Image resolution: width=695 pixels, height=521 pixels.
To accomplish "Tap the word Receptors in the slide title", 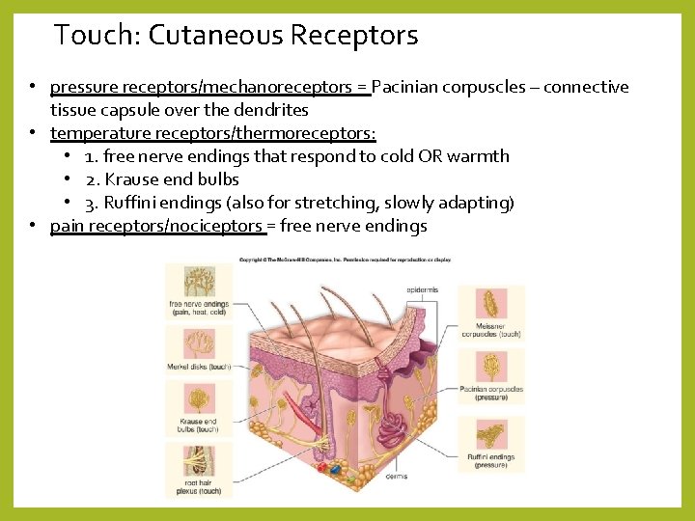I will pyautogui.click(x=353, y=36).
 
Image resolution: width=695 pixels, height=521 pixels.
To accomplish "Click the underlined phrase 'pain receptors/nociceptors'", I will pyautogui.click(x=155, y=226).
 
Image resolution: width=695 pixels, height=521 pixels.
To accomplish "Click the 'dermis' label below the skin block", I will pyautogui.click(x=396, y=475).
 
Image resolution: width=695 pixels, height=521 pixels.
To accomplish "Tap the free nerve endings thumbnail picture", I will pyautogui.click(x=198, y=283).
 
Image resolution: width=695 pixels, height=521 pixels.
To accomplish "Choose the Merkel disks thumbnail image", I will pyautogui.click(x=198, y=343).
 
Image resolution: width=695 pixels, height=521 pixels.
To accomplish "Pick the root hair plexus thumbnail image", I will pyautogui.click(x=198, y=460).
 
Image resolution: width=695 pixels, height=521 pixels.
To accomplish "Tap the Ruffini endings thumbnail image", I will pyautogui.click(x=491, y=433).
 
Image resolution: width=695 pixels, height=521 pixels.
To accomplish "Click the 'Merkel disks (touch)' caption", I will pyautogui.click(x=200, y=367).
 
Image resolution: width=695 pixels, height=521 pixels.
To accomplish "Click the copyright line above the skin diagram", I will pyautogui.click(x=345, y=260).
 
